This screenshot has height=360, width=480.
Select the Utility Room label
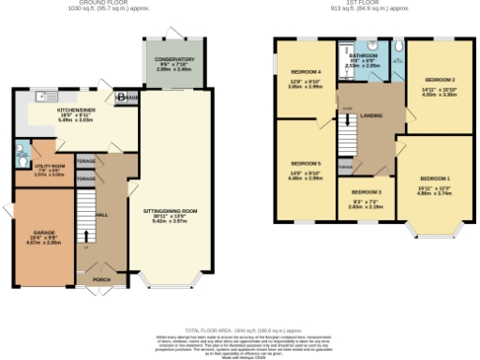pos(47,145)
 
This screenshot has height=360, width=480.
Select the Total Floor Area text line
pos(240,330)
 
